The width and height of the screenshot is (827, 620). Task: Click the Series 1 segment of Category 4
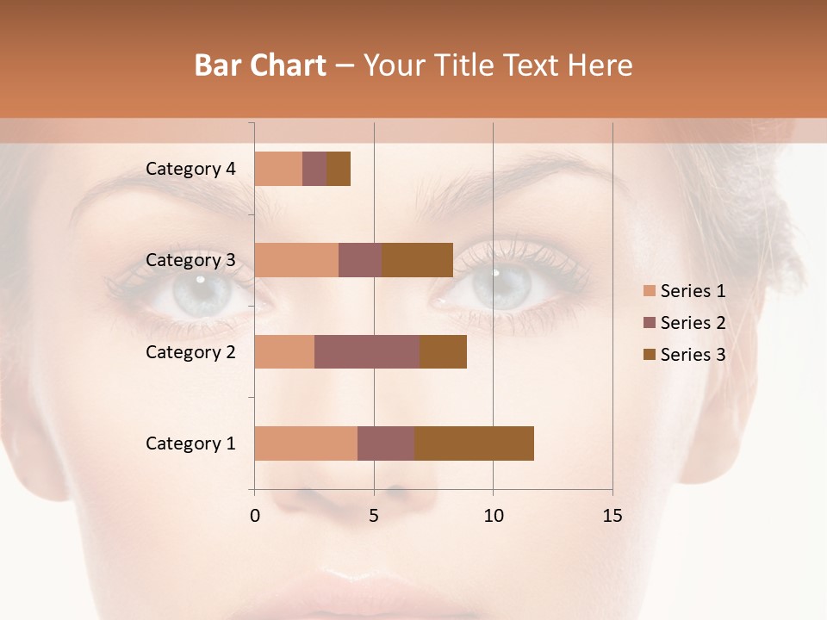(278, 169)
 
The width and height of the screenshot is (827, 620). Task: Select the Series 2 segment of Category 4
(314, 169)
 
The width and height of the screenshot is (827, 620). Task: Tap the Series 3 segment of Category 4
(339, 169)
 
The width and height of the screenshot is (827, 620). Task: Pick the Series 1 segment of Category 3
(296, 260)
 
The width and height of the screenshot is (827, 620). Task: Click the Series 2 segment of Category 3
(360, 260)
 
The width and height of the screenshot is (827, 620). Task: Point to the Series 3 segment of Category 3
(417, 260)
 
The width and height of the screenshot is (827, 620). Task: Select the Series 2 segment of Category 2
(367, 351)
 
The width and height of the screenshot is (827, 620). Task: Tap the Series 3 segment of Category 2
(443, 351)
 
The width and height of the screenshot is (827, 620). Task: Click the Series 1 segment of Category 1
(306, 443)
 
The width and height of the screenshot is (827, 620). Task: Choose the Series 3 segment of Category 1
(474, 443)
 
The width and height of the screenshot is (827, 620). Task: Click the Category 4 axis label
(190, 169)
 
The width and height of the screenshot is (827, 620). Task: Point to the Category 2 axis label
(190, 351)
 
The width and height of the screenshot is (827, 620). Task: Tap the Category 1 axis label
(190, 443)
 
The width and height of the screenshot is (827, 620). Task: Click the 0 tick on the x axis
(254, 516)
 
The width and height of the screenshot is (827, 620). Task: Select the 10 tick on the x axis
(493, 516)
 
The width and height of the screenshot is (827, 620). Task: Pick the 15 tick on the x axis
(612, 516)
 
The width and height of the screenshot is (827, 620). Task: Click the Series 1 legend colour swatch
(649, 291)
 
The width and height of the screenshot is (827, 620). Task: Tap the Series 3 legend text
(693, 355)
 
